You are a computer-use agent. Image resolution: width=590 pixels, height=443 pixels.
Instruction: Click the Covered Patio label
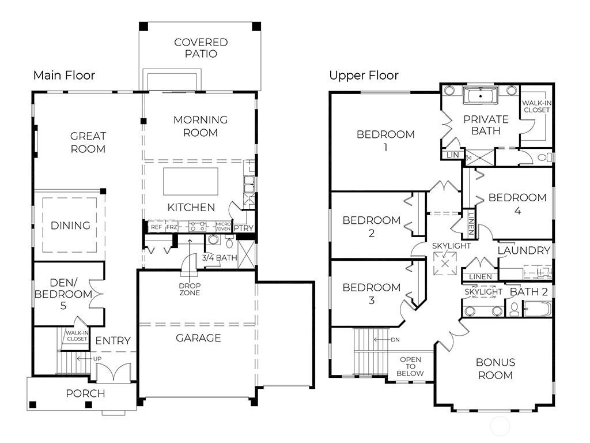click(x=201, y=48)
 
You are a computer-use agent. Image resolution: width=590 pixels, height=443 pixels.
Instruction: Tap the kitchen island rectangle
click(x=190, y=182)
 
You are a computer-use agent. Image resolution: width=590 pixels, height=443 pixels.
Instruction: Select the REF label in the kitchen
click(x=157, y=227)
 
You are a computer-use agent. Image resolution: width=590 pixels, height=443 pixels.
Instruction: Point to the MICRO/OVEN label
click(x=223, y=226)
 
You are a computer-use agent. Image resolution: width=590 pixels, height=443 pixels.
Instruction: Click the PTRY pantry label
click(x=244, y=228)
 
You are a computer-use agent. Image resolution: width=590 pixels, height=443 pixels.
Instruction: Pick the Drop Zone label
click(x=190, y=289)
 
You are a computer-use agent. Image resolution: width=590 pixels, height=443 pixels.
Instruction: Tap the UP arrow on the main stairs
click(x=84, y=358)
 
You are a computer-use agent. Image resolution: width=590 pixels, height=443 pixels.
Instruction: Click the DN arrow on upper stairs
click(x=381, y=339)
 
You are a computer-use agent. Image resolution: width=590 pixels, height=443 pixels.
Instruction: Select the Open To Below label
click(x=410, y=366)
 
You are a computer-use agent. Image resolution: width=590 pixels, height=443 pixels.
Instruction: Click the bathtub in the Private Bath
click(x=481, y=96)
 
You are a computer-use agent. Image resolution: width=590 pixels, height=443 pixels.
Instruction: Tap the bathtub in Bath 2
click(x=537, y=309)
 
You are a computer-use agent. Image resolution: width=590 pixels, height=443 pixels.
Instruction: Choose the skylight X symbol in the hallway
click(x=445, y=263)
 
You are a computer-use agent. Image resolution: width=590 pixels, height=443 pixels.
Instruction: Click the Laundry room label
click(x=524, y=250)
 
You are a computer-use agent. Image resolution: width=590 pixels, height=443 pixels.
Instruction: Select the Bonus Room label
click(x=495, y=369)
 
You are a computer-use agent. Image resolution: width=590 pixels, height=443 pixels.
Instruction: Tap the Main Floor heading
click(x=64, y=76)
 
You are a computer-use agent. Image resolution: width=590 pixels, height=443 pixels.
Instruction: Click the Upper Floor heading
click(x=364, y=76)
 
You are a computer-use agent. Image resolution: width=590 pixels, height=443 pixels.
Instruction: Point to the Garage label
click(x=198, y=338)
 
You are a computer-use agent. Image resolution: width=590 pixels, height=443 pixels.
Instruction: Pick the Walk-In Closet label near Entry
click(x=77, y=336)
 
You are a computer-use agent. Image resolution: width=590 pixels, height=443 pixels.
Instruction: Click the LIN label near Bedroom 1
click(x=453, y=155)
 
